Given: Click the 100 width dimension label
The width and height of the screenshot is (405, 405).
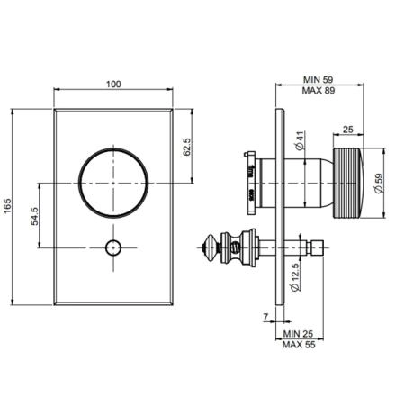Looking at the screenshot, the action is [x=113, y=85].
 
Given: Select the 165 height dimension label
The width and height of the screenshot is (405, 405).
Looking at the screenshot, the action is [x=7, y=206].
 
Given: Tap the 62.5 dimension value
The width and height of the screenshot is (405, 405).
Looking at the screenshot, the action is [x=186, y=147].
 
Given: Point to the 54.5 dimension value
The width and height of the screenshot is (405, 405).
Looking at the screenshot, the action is [x=34, y=216].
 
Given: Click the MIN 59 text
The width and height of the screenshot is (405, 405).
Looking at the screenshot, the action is [x=319, y=80].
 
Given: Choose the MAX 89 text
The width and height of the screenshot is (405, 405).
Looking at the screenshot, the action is [x=319, y=90].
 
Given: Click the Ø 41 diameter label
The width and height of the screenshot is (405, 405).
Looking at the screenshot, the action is [x=300, y=140].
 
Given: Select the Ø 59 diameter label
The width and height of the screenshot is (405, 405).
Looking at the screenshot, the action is [x=379, y=184].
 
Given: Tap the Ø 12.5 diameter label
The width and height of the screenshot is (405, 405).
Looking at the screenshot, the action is [x=295, y=276].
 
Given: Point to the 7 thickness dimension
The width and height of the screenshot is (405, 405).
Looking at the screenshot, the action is [x=265, y=317].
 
